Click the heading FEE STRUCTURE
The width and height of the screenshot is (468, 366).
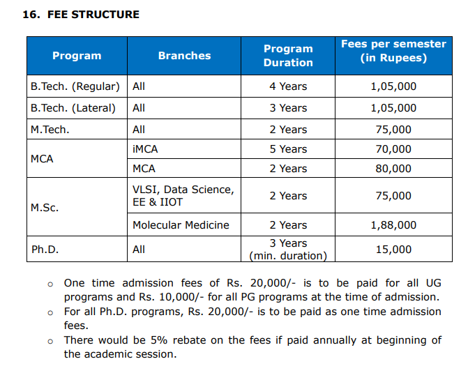93,14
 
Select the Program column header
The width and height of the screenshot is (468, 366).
77,56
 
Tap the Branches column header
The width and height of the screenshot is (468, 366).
184,56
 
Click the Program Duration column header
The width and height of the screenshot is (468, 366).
288,56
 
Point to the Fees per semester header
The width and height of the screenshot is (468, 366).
393,50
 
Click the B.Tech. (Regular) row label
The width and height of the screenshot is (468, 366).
75,86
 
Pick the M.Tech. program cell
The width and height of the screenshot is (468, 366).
50,129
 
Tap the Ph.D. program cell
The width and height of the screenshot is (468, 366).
44,249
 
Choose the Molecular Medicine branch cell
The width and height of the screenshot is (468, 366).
181,225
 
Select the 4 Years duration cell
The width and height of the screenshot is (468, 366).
288,86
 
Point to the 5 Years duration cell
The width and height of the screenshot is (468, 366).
288,148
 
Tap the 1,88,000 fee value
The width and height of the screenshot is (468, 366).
393,225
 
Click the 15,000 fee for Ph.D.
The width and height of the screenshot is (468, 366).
393,249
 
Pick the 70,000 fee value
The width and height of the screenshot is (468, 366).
393,148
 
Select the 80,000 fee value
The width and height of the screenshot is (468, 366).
393,169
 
